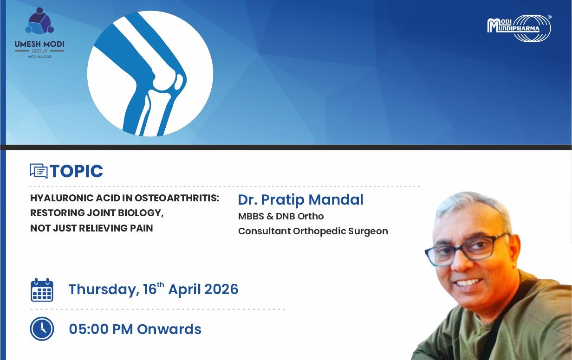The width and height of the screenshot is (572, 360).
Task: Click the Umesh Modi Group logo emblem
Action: point(39,21)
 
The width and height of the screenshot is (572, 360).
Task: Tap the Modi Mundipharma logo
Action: point(519,28)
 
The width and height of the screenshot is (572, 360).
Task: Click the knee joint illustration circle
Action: point(150,73)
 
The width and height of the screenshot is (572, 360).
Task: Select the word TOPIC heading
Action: point(76,171)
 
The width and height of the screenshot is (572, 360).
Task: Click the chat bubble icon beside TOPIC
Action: point(39,171)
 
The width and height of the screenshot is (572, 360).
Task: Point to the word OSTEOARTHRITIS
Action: point(177,198)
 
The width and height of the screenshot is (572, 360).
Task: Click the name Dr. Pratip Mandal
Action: point(300,199)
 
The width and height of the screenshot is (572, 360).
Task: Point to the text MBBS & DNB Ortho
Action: point(281,216)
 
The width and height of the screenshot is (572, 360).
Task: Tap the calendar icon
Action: point(42,290)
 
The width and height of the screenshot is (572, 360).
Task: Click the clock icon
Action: point(42,329)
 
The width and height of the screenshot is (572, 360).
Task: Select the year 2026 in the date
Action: point(221,289)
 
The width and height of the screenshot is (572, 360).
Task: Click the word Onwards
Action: point(169,329)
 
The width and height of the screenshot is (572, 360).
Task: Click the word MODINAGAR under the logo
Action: point(39,57)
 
